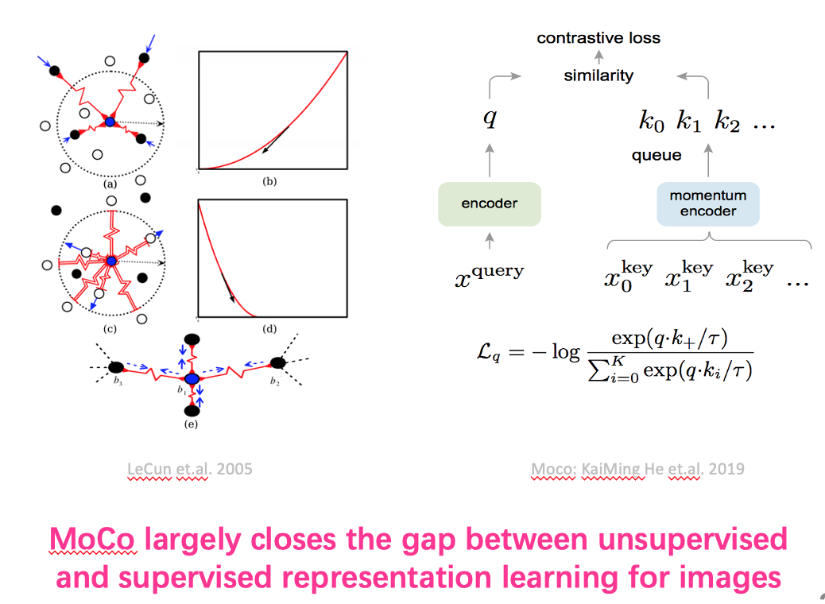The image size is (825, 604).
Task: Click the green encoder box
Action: pos(490,204)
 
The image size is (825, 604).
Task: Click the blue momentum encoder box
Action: pos(707,204)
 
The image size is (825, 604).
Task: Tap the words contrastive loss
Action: pos(598,38)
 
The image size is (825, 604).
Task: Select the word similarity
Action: pos(598,75)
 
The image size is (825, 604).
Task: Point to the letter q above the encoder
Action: pos(490,118)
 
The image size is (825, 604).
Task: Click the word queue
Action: pos(657,155)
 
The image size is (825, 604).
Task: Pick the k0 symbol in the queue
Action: pos(652,122)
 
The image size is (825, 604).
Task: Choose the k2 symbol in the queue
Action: pos(727,122)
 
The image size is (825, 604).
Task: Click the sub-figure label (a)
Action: pos(110,184)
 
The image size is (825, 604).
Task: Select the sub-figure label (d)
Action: pos(269,329)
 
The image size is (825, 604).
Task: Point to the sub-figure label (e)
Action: pos(191,424)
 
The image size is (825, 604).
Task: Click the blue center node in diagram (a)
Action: pos(110,122)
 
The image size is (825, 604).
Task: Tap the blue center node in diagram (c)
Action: pos(111,261)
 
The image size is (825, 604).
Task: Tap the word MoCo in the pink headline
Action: pos(93,540)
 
